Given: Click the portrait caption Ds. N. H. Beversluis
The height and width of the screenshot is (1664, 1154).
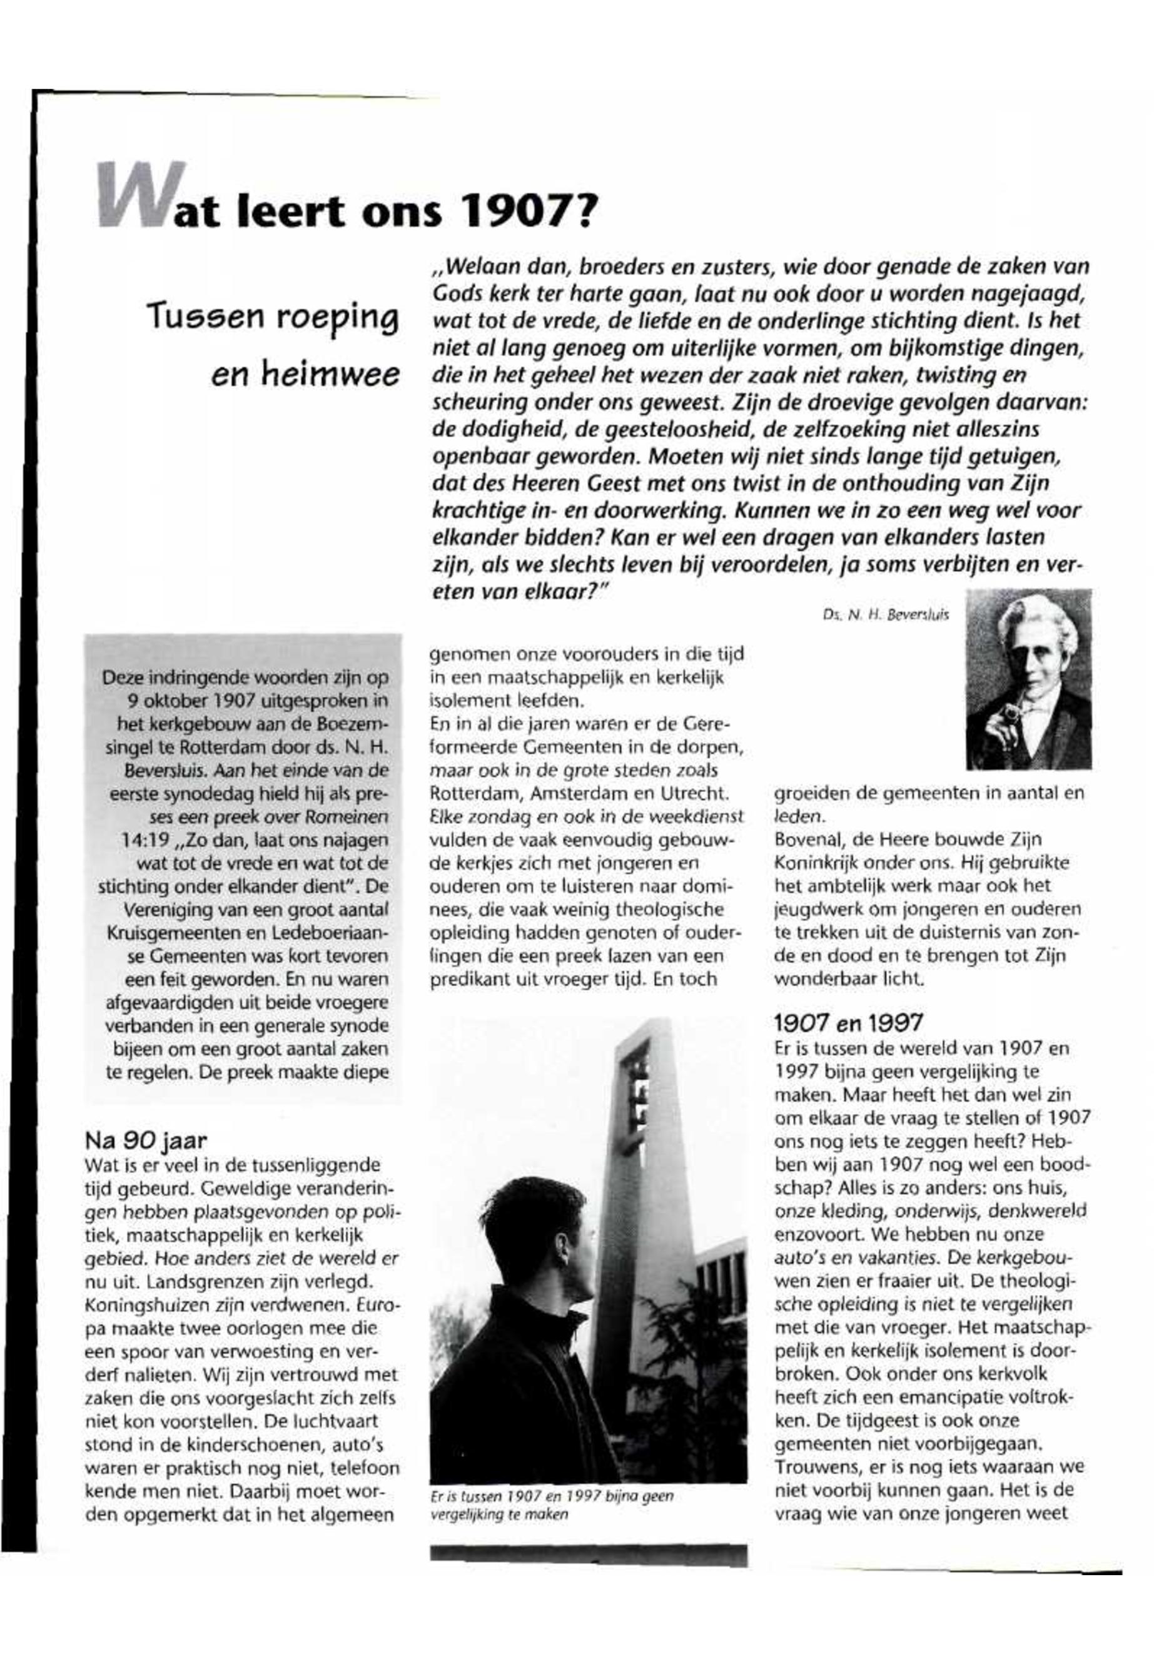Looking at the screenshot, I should (x=885, y=615).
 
